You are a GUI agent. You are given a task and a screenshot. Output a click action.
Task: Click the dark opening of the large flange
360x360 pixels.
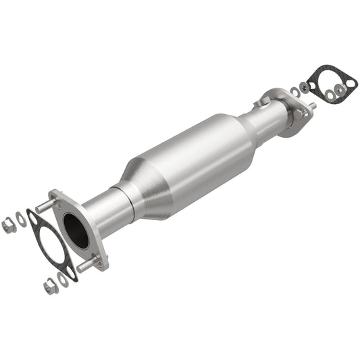[x=76, y=230]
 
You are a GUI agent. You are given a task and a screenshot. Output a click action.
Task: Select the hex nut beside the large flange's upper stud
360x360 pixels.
[x=9, y=226]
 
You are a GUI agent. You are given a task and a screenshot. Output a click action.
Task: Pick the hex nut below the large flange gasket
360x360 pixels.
[x=50, y=287]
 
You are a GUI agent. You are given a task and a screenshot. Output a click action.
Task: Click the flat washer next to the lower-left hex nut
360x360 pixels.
[x=63, y=279]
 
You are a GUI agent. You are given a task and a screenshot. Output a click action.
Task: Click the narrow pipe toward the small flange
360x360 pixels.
[x=267, y=122]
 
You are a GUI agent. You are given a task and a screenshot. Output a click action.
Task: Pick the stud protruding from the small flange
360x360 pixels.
[x=311, y=107]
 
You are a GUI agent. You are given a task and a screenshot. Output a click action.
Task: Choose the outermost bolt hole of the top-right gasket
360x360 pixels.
[x=351, y=84]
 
